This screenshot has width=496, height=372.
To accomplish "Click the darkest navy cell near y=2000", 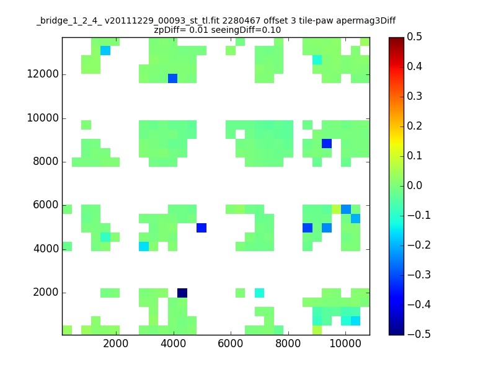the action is (182, 293).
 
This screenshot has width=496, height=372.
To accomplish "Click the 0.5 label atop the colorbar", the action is (414, 37).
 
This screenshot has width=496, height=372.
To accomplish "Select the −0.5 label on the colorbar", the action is (419, 334).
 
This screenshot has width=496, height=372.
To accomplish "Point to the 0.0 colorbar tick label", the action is (414, 185).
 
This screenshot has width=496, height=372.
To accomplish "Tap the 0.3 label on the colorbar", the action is (414, 96).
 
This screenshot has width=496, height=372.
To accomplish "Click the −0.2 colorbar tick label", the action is (419, 245).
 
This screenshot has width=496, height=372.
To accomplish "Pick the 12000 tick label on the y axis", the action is (43, 74).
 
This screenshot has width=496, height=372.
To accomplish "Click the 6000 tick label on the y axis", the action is (46, 205).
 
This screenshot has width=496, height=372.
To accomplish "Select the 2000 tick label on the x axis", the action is (116, 343).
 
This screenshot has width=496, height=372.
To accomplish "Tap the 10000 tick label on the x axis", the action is (345, 343).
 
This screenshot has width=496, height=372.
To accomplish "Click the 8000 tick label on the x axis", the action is (288, 343).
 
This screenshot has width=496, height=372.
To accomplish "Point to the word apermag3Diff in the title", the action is (366, 21).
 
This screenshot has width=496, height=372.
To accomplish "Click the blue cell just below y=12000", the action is (173, 78).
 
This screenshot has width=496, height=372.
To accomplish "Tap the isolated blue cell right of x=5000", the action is (201, 228).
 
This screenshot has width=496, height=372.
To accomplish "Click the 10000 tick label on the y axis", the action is (43, 118).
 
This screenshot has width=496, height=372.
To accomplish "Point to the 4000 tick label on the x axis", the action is (174, 343).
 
